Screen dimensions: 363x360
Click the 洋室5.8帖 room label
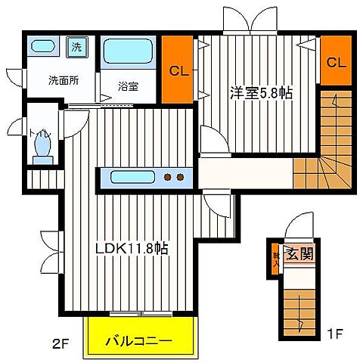pos(262,93)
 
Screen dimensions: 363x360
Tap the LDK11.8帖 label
pos(131,249)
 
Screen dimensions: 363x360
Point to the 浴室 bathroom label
pos(128,86)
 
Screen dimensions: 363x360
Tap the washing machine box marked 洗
pos(76,46)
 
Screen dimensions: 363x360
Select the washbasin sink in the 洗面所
pos(44,45)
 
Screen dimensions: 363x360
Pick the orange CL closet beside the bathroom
pos(178,71)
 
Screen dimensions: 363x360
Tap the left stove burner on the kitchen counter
pos(168,178)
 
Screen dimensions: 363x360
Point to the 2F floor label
pos(61,343)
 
